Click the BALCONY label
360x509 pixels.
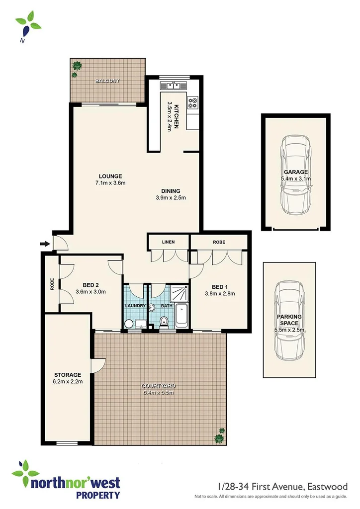pyautogui.click(x=108, y=81)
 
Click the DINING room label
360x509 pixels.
pyautogui.click(x=171, y=191)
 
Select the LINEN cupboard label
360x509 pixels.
pyautogui.click(x=168, y=242)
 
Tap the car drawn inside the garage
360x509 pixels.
pyautogui.click(x=296, y=175)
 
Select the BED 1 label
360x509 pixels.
pyautogui.click(x=219, y=287)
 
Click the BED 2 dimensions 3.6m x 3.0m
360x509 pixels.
pyautogui.click(x=91, y=292)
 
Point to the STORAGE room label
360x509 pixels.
pyautogui.click(x=67, y=375)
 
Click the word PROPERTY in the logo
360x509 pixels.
pyautogui.click(x=97, y=495)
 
